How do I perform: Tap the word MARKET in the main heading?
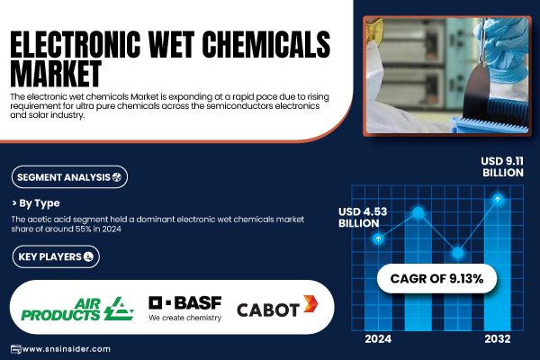pyautogui.click(x=56, y=74)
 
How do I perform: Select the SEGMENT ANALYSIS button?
pyautogui.click(x=69, y=177)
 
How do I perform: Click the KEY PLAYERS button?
pyautogui.click(x=56, y=256)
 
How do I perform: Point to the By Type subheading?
pyautogui.click(x=36, y=203)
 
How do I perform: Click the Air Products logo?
pyautogui.click(x=77, y=309)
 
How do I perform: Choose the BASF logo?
pyautogui.click(x=184, y=309)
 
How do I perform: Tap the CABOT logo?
pyautogui.click(x=277, y=306)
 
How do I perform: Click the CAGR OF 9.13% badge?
pyautogui.click(x=436, y=279)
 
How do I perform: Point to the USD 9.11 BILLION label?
pyautogui.click(x=502, y=166)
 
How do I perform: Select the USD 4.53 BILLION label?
pyautogui.click(x=363, y=218)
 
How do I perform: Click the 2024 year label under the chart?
pyautogui.click(x=378, y=339)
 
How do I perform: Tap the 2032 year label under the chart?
pyautogui.click(x=498, y=339)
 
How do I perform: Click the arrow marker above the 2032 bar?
pyautogui.click(x=498, y=199)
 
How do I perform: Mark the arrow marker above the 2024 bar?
pyautogui.click(x=378, y=238)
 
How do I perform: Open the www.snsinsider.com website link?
pyautogui.click(x=66, y=349)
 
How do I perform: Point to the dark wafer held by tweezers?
pyautogui.click(x=476, y=91)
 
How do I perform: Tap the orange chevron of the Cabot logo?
pyautogui.click(x=310, y=304)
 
